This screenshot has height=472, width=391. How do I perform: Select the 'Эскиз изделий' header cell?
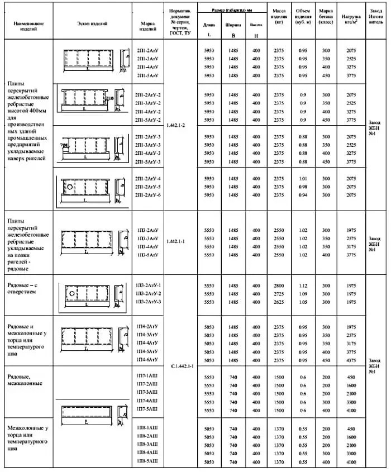click(92, 23)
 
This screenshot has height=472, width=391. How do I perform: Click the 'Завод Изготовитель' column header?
click(376, 18)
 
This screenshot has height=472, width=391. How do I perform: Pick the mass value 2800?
click(279, 285)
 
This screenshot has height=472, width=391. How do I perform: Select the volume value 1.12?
click(303, 285)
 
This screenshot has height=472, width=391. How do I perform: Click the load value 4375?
click(351, 360)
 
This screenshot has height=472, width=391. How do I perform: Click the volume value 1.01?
click(303, 178)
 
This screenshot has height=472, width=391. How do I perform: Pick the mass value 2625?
click(279, 302)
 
